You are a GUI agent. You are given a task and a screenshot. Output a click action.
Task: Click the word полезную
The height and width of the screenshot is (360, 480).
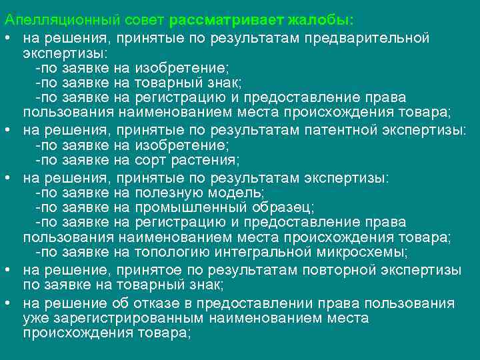164,191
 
